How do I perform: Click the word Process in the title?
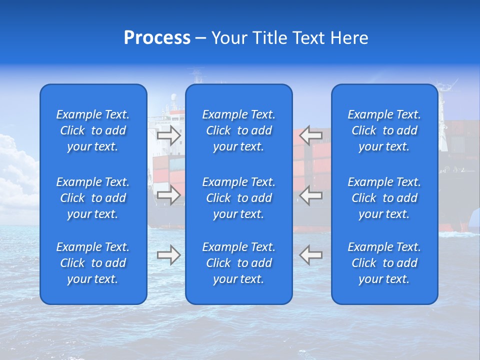click(157, 38)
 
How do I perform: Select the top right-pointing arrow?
click(168, 135)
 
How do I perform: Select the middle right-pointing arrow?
click(168, 195)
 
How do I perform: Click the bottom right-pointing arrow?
click(168, 254)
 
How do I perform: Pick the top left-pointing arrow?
click(311, 135)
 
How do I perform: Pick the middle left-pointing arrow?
click(311, 195)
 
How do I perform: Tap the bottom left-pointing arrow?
click(311, 254)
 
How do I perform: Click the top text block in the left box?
click(93, 130)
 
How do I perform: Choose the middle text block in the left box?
click(93, 198)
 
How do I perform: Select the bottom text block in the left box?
click(93, 263)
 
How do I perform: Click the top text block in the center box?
click(239, 130)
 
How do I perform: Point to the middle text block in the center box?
click(239, 198)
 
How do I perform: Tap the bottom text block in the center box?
click(239, 263)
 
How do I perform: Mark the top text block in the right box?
click(384, 130)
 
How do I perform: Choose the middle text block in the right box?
click(384, 198)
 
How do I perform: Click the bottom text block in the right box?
click(384, 263)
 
